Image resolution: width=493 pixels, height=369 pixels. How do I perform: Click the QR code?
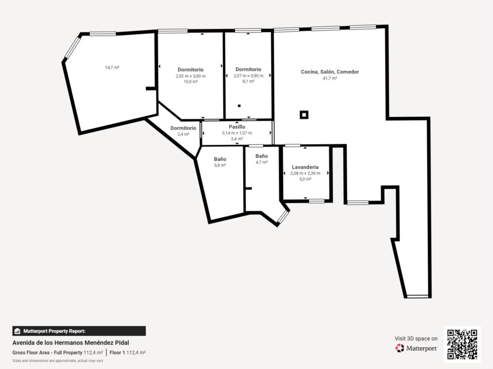pyautogui.click(x=462, y=344)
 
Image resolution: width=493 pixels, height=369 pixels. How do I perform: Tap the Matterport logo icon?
pyautogui.click(x=400, y=348)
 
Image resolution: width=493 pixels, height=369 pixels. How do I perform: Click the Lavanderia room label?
pyautogui.click(x=305, y=167)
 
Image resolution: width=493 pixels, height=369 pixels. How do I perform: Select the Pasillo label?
pyautogui.click(x=237, y=127)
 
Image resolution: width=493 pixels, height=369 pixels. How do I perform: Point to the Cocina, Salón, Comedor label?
pyautogui.click(x=330, y=72)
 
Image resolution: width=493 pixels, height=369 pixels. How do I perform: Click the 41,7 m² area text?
pyautogui.click(x=330, y=78)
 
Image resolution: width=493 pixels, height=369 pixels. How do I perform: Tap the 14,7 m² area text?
pyautogui.click(x=112, y=67)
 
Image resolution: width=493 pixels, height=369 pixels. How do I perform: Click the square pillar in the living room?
pyautogui.click(x=304, y=115)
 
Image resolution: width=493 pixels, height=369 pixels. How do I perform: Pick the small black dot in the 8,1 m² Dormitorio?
pyautogui.click(x=239, y=106)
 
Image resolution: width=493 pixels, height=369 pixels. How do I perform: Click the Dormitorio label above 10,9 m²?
pyautogui.click(x=190, y=70)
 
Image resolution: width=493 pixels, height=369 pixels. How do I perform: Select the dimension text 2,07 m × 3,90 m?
pyautogui.click(x=248, y=76)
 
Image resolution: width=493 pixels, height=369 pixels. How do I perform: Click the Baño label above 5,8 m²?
pyautogui.click(x=220, y=159)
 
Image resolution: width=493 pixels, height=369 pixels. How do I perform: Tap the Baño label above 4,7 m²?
pyautogui.click(x=262, y=156)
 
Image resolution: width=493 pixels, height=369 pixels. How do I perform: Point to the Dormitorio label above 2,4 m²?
pyautogui.click(x=183, y=128)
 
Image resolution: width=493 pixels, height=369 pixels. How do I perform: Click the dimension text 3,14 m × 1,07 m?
pyautogui.click(x=237, y=133)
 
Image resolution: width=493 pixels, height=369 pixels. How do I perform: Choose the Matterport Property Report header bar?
pyautogui.click(x=79, y=331)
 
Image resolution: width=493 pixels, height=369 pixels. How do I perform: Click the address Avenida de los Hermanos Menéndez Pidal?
pyautogui.click(x=70, y=342)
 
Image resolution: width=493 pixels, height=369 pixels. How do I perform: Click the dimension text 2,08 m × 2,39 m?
pyautogui.click(x=305, y=173)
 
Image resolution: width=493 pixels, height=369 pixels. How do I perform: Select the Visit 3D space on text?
pyautogui.click(x=416, y=338)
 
